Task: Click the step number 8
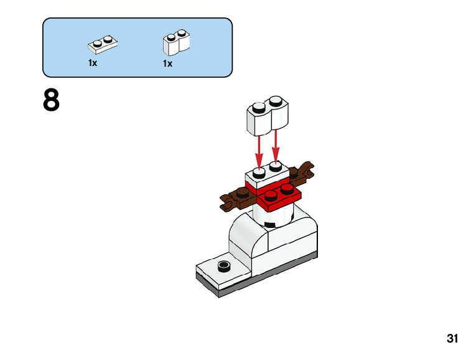click(x=51, y=101)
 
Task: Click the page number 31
click(x=452, y=339)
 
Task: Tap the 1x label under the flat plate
click(x=93, y=63)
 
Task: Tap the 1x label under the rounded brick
click(x=167, y=64)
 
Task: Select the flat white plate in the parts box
click(x=103, y=44)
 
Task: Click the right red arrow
click(x=276, y=146)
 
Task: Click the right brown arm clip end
click(x=307, y=167)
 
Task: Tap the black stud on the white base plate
click(x=223, y=267)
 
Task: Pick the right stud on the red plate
click(x=287, y=186)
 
